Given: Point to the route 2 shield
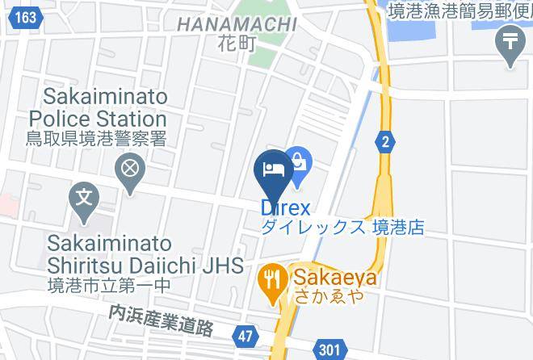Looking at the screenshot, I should point(386,142).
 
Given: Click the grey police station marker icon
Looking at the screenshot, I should point(129,170).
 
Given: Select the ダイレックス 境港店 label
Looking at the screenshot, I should point(342,228).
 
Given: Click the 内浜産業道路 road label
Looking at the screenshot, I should point(162,320).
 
